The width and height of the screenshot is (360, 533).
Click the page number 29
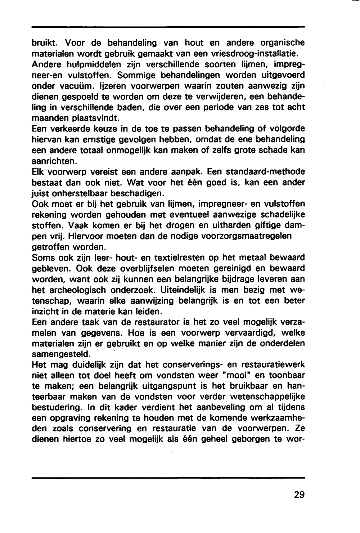299,494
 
